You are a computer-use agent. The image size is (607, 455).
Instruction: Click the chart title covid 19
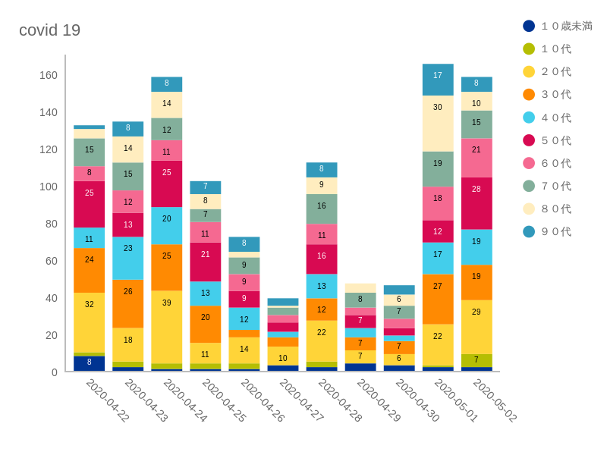(x=49, y=30)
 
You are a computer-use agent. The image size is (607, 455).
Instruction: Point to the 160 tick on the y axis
(x=49, y=75)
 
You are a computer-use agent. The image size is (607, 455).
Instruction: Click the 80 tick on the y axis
(x=51, y=224)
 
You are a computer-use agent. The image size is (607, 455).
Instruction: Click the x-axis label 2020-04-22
(x=108, y=400)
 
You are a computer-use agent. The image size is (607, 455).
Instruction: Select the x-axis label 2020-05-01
(x=456, y=400)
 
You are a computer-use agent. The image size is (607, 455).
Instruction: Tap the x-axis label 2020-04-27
(x=301, y=400)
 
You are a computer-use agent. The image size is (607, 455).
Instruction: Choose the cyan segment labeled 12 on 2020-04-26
(x=244, y=318)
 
